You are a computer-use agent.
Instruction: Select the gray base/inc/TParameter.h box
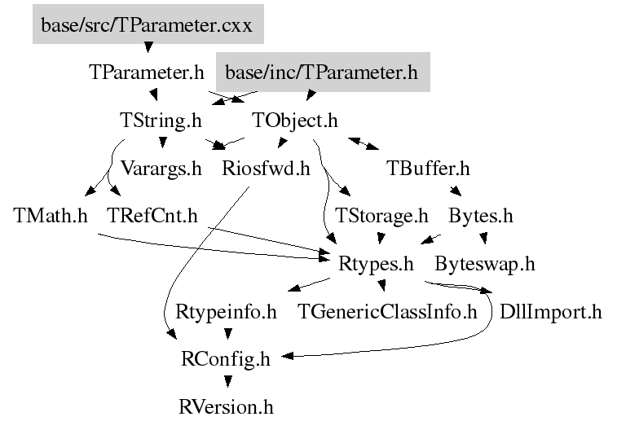click(321, 73)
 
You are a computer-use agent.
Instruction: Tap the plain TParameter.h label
click(147, 72)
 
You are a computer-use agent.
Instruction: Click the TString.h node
click(160, 121)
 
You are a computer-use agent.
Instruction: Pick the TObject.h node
click(294, 121)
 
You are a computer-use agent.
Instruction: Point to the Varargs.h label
click(161, 169)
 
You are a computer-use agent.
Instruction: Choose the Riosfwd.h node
click(267, 169)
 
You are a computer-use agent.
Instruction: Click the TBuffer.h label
click(429, 169)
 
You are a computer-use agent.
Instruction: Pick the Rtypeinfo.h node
click(227, 311)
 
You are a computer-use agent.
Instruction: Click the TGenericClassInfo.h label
click(388, 311)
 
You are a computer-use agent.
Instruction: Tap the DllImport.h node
click(550, 311)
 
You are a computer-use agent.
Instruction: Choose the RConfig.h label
click(226, 358)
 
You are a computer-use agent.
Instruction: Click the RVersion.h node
click(226, 406)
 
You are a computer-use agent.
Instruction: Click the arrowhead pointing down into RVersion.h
click(227, 381)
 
